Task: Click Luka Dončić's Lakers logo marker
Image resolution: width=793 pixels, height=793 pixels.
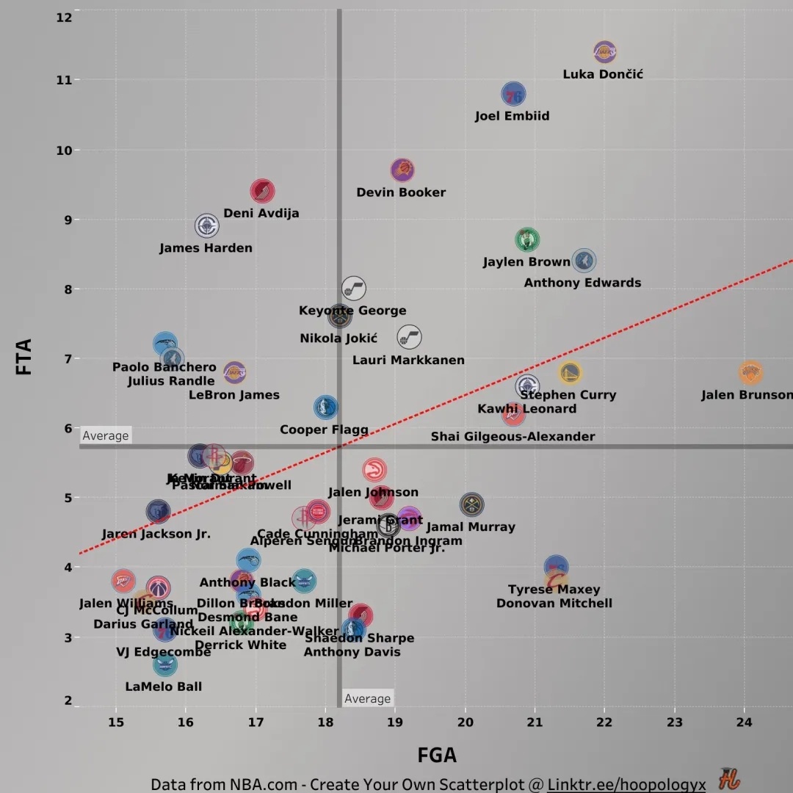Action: pyautogui.click(x=604, y=52)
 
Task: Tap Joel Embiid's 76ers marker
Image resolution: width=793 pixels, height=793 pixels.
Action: pyautogui.click(x=514, y=94)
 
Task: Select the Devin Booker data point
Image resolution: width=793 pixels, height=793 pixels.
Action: pyautogui.click(x=402, y=170)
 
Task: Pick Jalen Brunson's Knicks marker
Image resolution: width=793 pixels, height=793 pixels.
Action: pyautogui.click(x=750, y=373)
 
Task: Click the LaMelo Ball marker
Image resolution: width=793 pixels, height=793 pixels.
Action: pyautogui.click(x=165, y=665)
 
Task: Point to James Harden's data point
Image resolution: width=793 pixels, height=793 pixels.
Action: pyautogui.click(x=207, y=225)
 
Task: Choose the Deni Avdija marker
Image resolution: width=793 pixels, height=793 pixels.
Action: pyautogui.click(x=262, y=192)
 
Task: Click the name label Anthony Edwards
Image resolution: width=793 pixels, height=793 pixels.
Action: pyautogui.click(x=582, y=283)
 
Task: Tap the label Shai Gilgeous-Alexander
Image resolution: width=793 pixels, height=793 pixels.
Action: pyautogui.click(x=513, y=437)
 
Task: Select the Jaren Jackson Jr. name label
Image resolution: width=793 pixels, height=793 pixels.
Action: pyautogui.click(x=156, y=534)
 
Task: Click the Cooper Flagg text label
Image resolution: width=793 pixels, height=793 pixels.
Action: pyautogui.click(x=324, y=430)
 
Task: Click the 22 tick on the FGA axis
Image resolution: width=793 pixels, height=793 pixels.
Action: pyautogui.click(x=604, y=722)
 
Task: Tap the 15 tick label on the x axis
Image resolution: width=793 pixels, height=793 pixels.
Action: pyautogui.click(x=116, y=722)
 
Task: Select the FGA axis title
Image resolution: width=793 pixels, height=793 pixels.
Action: pyautogui.click(x=437, y=755)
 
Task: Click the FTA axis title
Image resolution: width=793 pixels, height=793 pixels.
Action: pyautogui.click(x=24, y=357)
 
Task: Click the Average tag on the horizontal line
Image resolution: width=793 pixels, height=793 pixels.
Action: pyautogui.click(x=106, y=436)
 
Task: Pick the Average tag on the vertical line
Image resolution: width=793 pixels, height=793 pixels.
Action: pyautogui.click(x=367, y=699)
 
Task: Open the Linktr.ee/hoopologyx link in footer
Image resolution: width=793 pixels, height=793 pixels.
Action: pyautogui.click(x=626, y=784)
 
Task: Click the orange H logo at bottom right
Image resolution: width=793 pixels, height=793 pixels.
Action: pyautogui.click(x=729, y=779)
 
